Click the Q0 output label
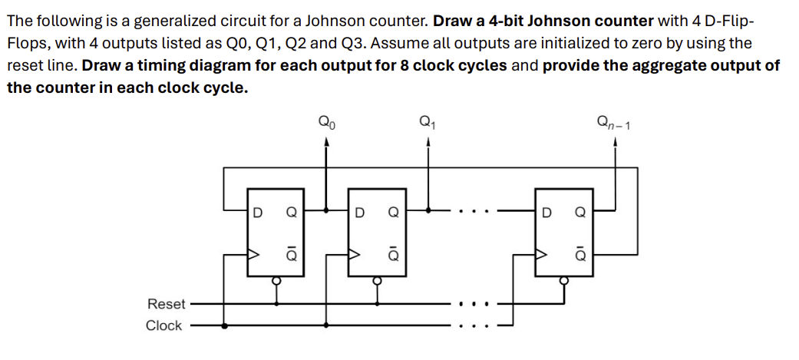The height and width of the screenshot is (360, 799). (x=326, y=121)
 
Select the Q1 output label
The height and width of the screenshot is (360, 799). (x=427, y=121)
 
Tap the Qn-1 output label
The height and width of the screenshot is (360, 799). (x=614, y=121)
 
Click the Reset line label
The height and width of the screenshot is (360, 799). (x=166, y=304)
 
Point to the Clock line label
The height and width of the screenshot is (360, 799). (x=164, y=325)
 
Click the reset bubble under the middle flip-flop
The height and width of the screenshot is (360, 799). (x=376, y=281)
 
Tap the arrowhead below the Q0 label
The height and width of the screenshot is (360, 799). (x=327, y=141)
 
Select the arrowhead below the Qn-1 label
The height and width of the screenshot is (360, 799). (x=615, y=141)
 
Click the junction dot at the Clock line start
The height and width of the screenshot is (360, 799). (x=224, y=325)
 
